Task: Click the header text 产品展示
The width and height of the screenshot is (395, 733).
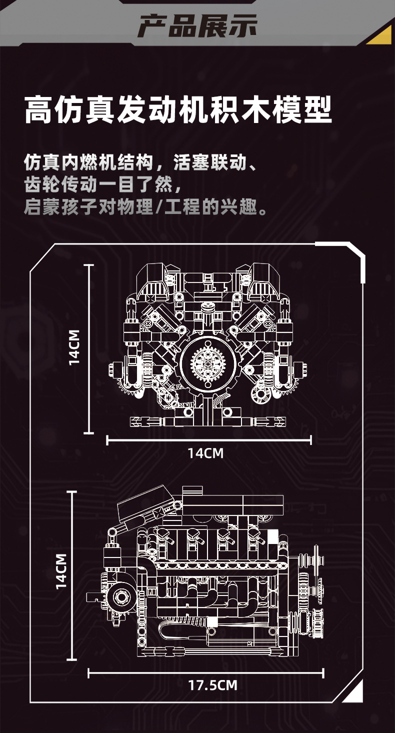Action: pos(197,26)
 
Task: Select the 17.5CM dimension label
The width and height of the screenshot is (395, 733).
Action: pos(212,684)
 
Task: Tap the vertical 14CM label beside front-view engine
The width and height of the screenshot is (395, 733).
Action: pos(74,347)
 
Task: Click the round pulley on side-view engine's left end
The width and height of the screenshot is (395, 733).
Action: pos(120,596)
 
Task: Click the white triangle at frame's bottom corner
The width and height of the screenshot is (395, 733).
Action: pos(353,693)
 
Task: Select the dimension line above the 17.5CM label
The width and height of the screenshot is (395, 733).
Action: pos(206,672)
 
